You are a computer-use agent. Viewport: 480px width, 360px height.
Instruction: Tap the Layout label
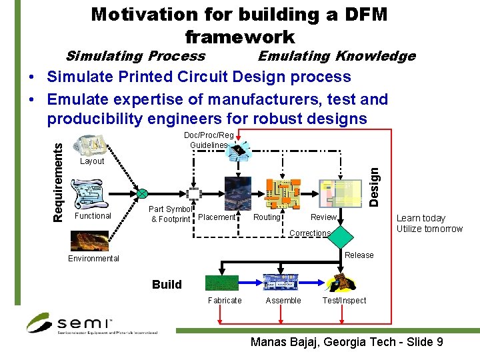(92, 161)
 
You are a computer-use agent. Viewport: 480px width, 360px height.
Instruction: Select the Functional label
(93, 216)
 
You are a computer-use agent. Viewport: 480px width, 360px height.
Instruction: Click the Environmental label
(93, 259)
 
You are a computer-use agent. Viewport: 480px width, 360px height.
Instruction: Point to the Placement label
(217, 217)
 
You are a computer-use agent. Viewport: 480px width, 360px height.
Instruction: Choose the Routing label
(267, 217)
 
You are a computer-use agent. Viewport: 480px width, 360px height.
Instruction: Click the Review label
(323, 217)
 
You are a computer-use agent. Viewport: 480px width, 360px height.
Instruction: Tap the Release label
(359, 255)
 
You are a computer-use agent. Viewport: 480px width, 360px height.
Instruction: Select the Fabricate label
(225, 301)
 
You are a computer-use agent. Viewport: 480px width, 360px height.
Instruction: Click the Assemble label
(283, 301)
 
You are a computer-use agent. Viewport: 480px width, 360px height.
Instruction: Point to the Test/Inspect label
(344, 301)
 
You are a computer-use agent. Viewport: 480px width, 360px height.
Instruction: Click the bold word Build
(167, 285)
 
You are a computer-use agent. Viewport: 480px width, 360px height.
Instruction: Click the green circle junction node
(142, 194)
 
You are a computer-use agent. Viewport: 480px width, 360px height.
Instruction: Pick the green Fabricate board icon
(223, 283)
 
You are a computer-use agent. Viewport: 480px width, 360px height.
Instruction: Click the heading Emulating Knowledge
(336, 57)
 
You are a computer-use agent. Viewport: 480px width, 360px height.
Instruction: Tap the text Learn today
(421, 219)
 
